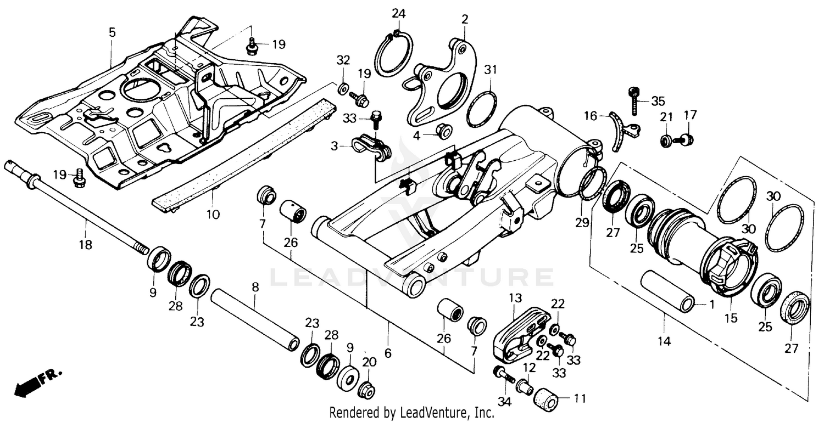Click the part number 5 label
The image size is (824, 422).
112,32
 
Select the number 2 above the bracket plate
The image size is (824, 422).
465,19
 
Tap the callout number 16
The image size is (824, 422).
590,116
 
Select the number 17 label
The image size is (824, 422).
690,115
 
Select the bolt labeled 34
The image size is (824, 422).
503,375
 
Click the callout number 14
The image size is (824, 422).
664,341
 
